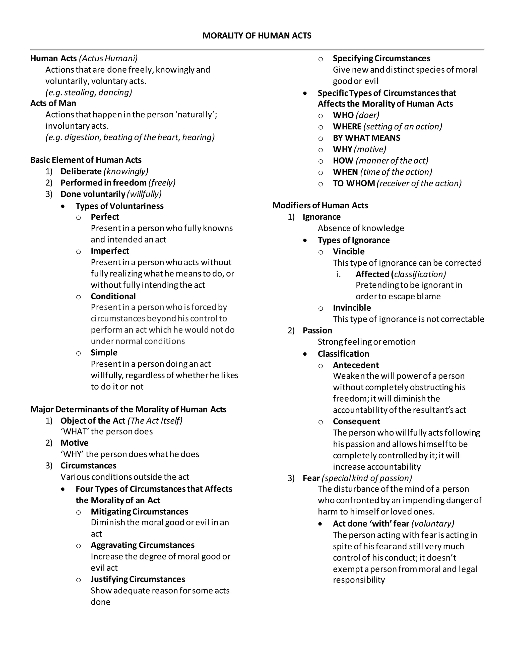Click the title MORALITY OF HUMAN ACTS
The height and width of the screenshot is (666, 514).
pyautogui.click(x=257, y=36)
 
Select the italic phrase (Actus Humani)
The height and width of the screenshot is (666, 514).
pyautogui.click(x=108, y=58)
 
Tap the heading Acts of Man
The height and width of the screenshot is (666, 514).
pyautogui.click(x=53, y=103)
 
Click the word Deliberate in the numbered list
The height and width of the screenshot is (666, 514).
pyautogui.click(x=81, y=171)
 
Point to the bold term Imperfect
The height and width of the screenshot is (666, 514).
pyautogui.click(x=110, y=251)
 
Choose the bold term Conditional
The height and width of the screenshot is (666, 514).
pyautogui.click(x=113, y=296)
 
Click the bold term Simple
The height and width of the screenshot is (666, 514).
pyautogui.click(x=104, y=353)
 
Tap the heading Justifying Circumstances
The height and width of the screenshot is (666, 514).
pyautogui.click(x=138, y=579)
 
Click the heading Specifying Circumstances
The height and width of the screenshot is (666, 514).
pyautogui.click(x=381, y=58)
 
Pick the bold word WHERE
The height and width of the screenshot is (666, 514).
pyautogui.click(x=347, y=127)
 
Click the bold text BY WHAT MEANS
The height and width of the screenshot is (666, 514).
pyautogui.click(x=366, y=138)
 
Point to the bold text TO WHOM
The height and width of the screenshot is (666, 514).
pyautogui.click(x=354, y=183)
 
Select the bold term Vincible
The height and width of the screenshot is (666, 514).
pyautogui.click(x=348, y=252)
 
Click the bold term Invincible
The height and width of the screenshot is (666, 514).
pyautogui.click(x=352, y=308)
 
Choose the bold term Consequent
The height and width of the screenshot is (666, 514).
pyautogui.click(x=356, y=421)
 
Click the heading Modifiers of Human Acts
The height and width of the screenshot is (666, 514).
pyautogui.click(x=320, y=206)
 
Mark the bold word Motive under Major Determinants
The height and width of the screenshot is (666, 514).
pyautogui.click(x=74, y=443)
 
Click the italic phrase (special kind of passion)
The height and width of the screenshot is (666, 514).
pyautogui.click(x=367, y=478)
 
